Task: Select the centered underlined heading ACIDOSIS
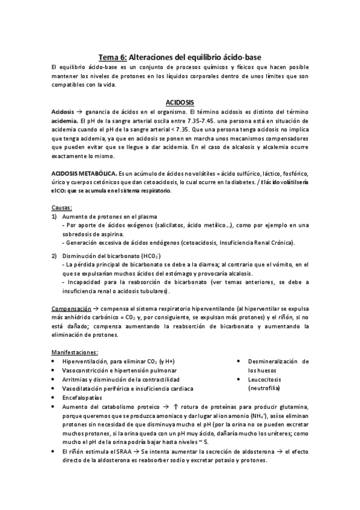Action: click(179, 102)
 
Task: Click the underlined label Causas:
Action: click(61, 207)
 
